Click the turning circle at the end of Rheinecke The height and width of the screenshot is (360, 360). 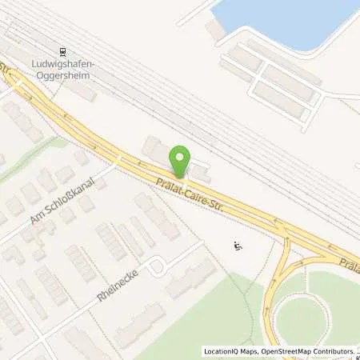pyautogui.click(x=158, y=266)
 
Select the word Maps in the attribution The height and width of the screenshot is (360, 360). pyautogui.click(x=239, y=351)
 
